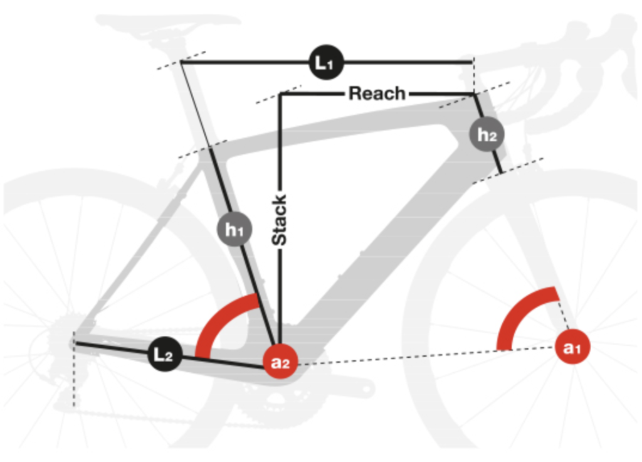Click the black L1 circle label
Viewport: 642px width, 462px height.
[324, 62]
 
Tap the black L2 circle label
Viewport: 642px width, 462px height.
[165, 356]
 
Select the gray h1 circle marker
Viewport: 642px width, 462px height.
[234, 230]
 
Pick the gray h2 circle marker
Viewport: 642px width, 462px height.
[488, 135]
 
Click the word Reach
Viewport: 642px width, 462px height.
[377, 94]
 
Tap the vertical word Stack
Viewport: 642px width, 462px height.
[280, 220]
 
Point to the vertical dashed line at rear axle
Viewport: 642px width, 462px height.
[74, 377]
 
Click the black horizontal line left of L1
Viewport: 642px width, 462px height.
[245, 62]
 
